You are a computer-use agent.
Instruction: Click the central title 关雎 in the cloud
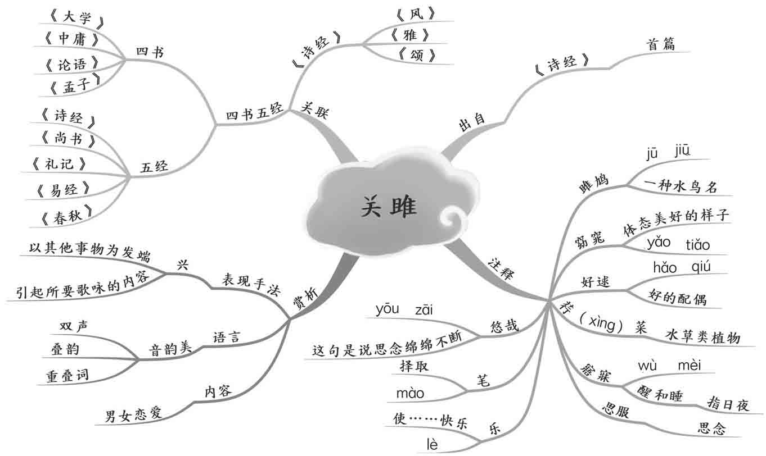389,207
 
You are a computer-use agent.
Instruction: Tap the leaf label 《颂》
416,56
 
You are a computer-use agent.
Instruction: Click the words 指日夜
728,403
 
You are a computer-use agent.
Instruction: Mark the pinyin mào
410,393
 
